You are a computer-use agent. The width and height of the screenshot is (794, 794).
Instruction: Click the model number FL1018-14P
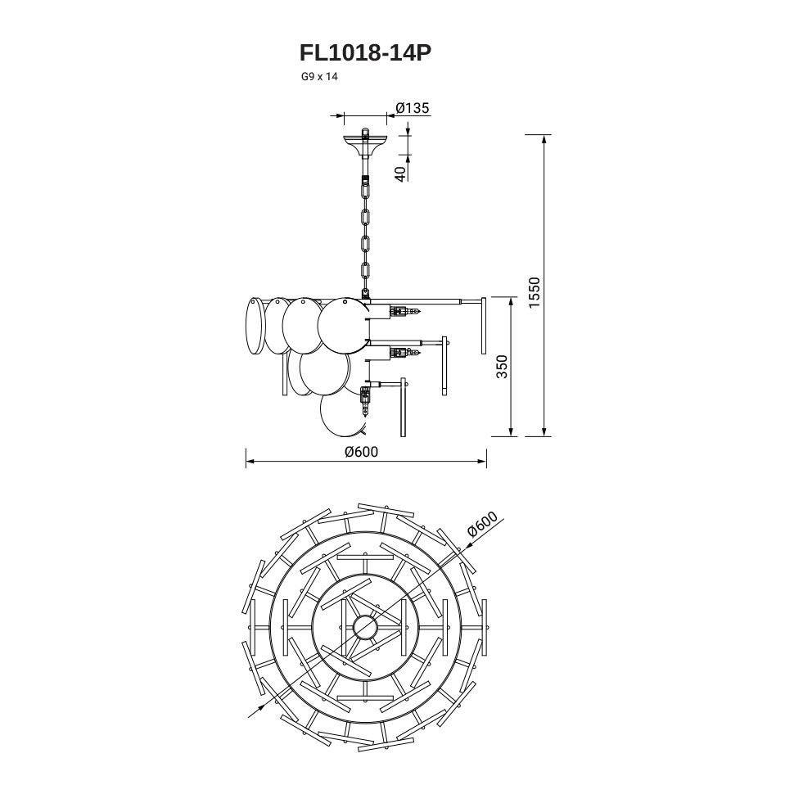point(365,52)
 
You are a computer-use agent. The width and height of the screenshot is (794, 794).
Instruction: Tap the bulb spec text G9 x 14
point(319,77)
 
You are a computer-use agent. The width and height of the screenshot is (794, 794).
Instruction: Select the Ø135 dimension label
point(413,108)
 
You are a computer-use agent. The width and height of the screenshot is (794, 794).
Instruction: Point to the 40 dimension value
point(400,174)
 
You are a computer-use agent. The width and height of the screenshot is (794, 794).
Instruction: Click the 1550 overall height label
point(535,292)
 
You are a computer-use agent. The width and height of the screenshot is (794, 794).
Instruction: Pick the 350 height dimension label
point(501,367)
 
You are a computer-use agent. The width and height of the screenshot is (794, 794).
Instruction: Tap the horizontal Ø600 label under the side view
point(362,451)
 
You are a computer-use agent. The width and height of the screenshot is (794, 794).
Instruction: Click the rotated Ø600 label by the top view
point(483,524)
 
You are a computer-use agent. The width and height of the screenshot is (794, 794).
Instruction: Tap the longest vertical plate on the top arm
point(484,325)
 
